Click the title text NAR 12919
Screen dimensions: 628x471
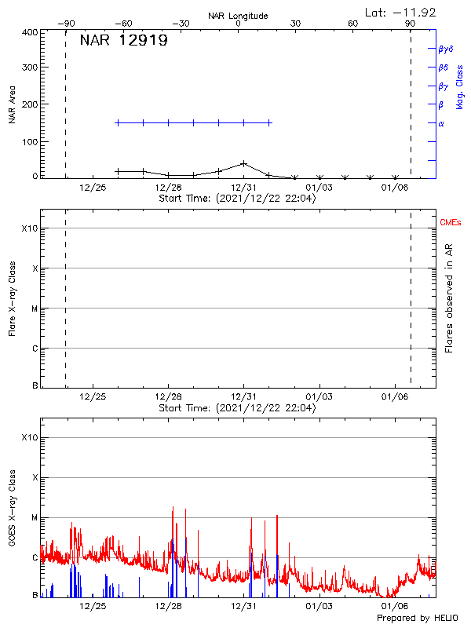pos(123,41)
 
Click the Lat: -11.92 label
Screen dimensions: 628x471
pos(401,12)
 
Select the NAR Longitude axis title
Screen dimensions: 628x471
pos(238,16)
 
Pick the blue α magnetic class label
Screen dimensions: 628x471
pos(441,123)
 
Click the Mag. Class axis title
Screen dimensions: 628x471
pos(460,87)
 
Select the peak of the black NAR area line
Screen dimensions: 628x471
pos(244,163)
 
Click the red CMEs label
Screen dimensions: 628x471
pos(451,223)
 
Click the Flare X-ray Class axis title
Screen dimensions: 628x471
pos(12,298)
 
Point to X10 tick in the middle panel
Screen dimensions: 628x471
pos(29,228)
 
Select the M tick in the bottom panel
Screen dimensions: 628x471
pos(35,517)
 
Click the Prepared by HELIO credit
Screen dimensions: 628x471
pos(421,619)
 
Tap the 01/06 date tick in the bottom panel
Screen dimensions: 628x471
pos(395,606)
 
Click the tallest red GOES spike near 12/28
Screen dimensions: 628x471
pos(173,508)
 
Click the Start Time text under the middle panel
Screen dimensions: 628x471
pos(237,408)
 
